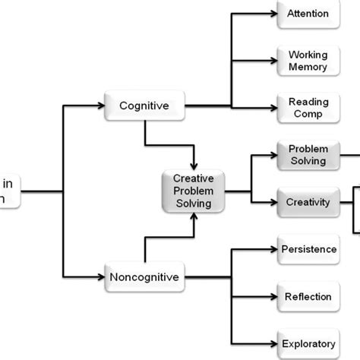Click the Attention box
click(308, 14)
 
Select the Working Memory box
click(308, 61)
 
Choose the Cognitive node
click(144, 106)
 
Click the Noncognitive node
click(144, 277)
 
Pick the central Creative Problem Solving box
click(194, 191)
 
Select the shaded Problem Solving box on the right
click(308, 154)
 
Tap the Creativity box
click(308, 202)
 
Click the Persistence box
click(308, 249)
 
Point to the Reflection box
click(308, 296)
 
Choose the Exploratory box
click(308, 343)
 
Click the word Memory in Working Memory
click(308, 67)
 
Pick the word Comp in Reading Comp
click(308, 113)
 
